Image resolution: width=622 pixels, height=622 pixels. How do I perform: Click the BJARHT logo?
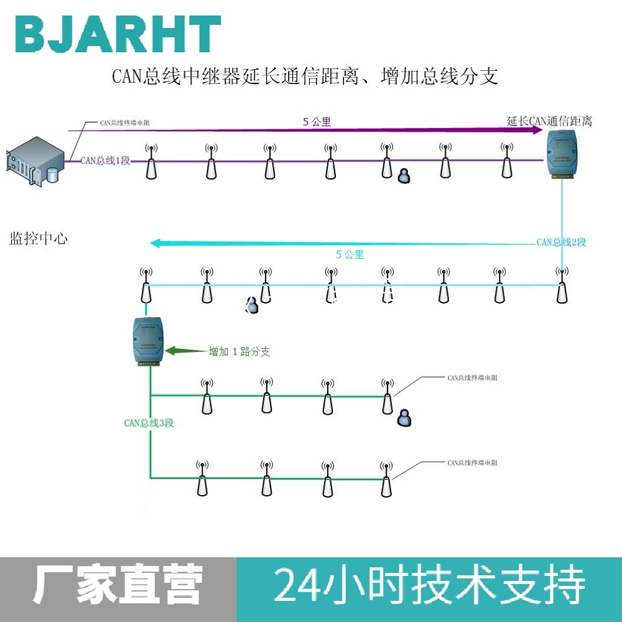118,34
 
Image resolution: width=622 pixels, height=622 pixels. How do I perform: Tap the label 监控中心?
39,238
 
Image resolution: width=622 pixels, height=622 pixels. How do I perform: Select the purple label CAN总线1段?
105,160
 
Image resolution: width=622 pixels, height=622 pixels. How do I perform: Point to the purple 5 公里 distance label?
317,122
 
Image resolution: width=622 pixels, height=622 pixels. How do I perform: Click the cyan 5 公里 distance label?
350,254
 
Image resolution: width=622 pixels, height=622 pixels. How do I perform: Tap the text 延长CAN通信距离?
549,121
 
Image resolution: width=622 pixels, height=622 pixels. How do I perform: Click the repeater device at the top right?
562,155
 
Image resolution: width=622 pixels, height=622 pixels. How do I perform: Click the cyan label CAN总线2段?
561,242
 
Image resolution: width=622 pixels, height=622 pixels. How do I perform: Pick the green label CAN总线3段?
149,423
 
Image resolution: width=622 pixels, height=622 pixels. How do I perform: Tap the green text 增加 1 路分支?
239,351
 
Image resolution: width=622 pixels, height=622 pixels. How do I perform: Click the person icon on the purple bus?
404,175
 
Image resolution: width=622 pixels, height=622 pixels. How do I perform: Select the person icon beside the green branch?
405,418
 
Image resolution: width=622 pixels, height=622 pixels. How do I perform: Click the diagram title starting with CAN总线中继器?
305,77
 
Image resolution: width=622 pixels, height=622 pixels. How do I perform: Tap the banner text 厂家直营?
118,586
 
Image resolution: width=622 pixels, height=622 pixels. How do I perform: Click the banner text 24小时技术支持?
429,586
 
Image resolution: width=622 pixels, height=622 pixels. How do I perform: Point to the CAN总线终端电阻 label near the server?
124,123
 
